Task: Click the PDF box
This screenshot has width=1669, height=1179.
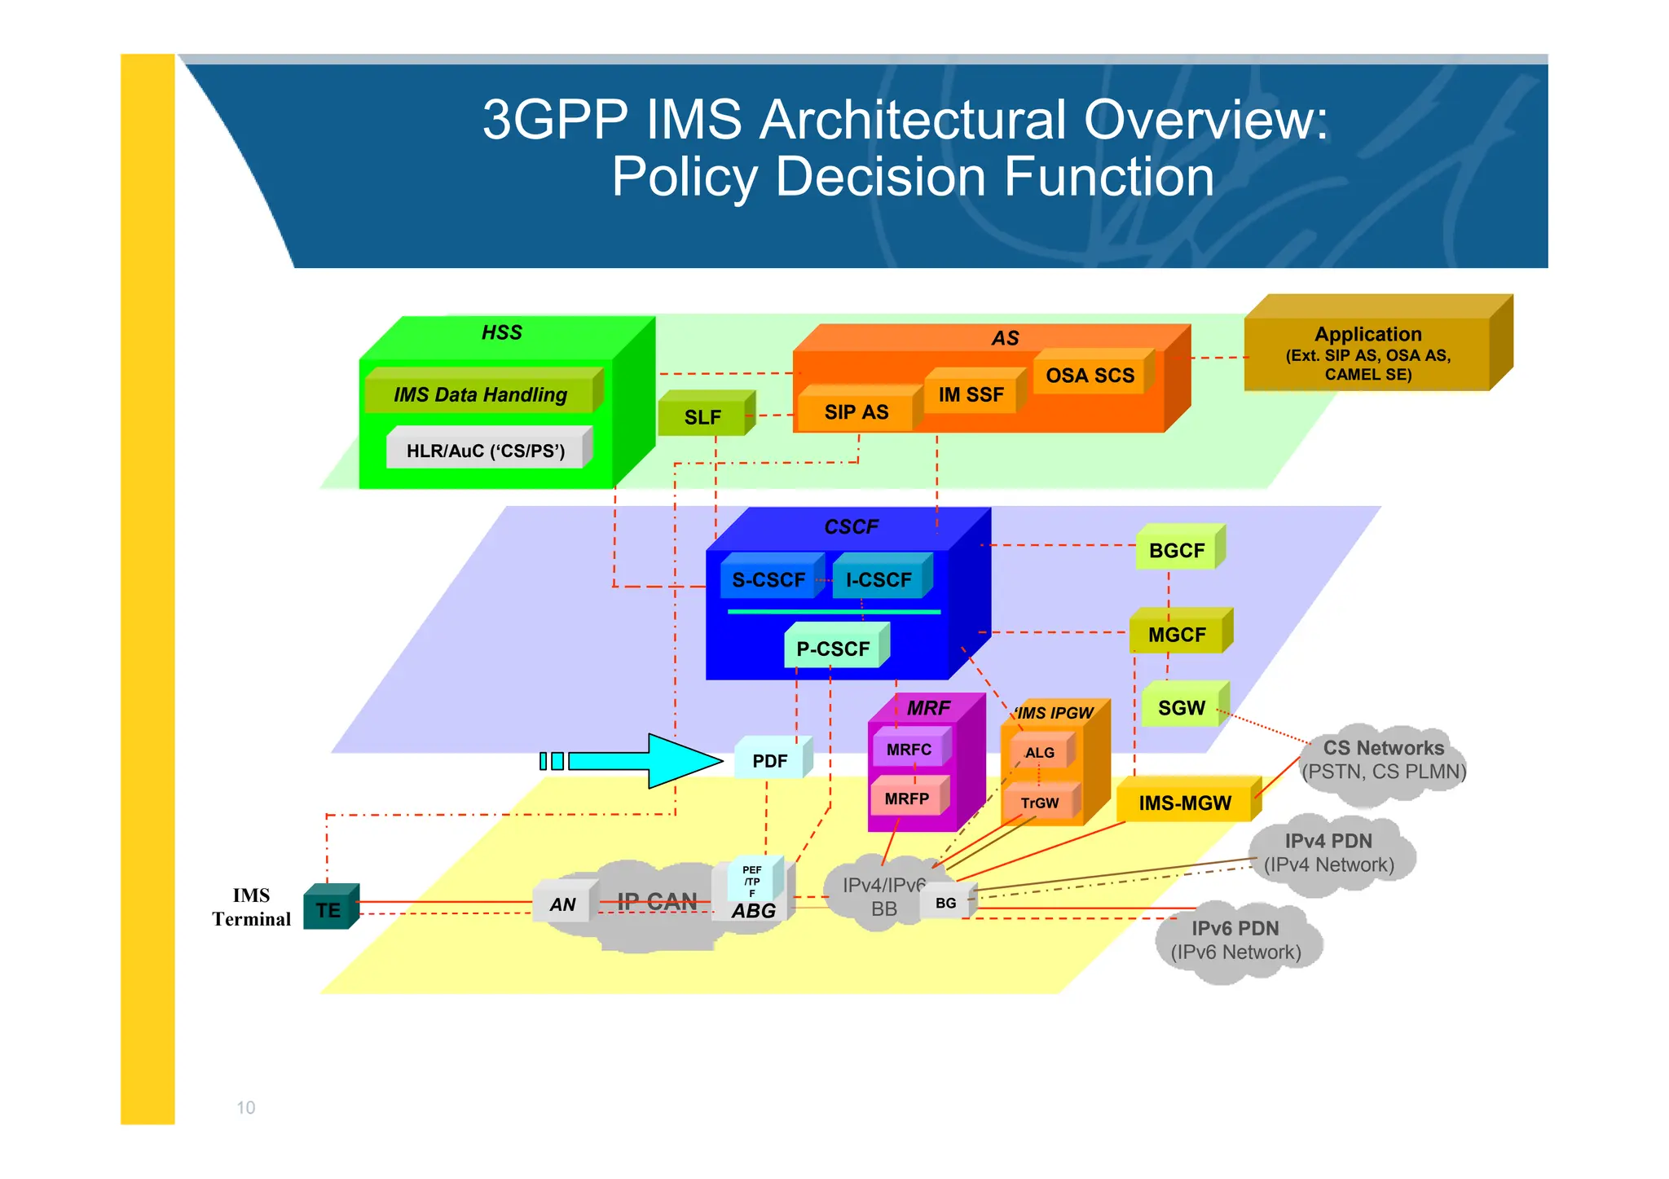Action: [x=770, y=760]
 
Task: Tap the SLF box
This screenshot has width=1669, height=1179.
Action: [x=703, y=416]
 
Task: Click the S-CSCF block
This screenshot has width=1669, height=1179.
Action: [x=768, y=579]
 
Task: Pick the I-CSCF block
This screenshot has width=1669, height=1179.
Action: [x=879, y=579]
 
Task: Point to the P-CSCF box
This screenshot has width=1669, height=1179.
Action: [x=834, y=649]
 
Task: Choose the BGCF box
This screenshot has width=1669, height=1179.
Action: [x=1177, y=550]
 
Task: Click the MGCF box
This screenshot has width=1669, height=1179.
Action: [x=1177, y=634]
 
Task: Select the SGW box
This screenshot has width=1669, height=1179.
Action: [x=1181, y=707]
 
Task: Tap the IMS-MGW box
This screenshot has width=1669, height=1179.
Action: [x=1184, y=803]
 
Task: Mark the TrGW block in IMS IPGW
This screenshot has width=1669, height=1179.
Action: [x=1040, y=803]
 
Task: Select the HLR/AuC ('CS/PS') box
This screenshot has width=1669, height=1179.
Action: [x=486, y=451]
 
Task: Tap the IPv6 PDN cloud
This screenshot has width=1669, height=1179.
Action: [x=1235, y=939]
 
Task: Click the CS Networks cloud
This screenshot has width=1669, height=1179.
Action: [x=1383, y=759]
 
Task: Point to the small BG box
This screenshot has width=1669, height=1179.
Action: [x=945, y=903]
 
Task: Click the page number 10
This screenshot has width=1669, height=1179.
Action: [x=245, y=1107]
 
